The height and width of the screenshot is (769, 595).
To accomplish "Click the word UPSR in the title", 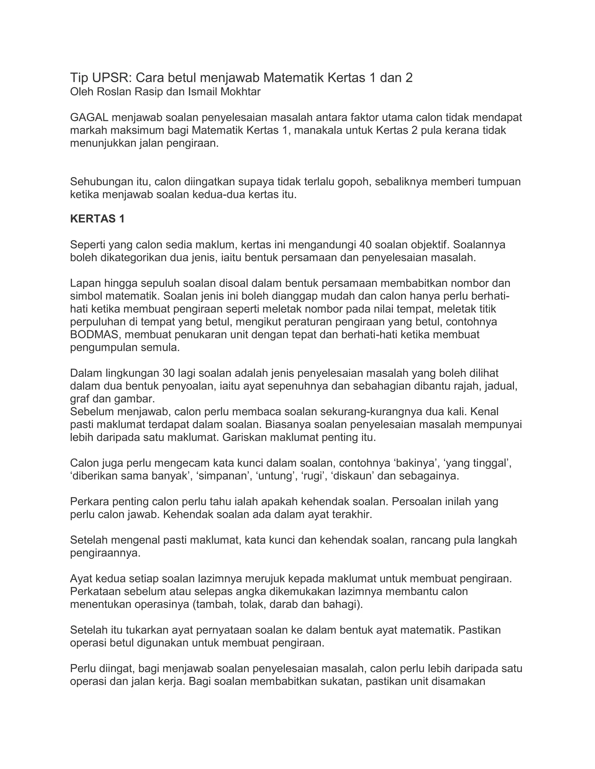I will [107, 78].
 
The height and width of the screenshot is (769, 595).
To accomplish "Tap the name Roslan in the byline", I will [113, 92].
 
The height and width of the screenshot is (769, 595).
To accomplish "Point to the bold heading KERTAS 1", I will [97, 219].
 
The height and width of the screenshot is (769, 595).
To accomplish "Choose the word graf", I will [80, 399].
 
